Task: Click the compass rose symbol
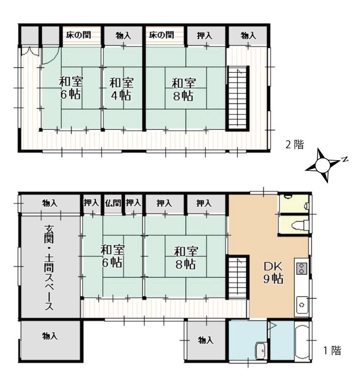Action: (323, 166)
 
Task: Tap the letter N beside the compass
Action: (345, 160)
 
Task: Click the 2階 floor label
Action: (294, 145)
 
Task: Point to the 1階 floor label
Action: (332, 351)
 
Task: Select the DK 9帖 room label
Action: (273, 273)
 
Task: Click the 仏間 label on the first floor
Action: (113, 203)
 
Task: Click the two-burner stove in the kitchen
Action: (302, 268)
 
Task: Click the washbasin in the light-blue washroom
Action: (261, 351)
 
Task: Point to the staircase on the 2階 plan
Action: (238, 97)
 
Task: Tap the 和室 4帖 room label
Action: (121, 89)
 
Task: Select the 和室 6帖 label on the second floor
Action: (71, 88)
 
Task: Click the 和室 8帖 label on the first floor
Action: (186, 258)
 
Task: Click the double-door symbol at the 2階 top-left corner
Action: (30, 52)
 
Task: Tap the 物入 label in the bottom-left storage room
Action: (50, 336)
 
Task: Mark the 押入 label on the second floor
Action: (204, 36)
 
